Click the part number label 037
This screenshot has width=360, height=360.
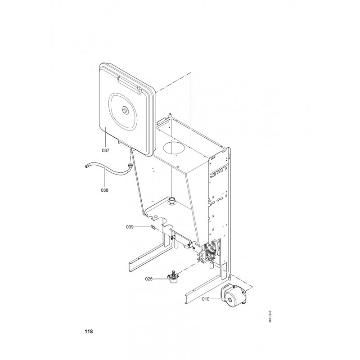[105, 151]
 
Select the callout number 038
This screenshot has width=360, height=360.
[104, 190]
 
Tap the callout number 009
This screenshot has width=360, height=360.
[130, 227]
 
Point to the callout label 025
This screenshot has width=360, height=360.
[149, 279]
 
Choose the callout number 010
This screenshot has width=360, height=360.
[206, 299]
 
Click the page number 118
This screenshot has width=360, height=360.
[89, 331]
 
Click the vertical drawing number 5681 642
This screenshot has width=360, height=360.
[270, 317]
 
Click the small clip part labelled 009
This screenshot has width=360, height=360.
[153, 228]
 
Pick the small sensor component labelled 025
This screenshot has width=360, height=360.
[172, 277]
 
